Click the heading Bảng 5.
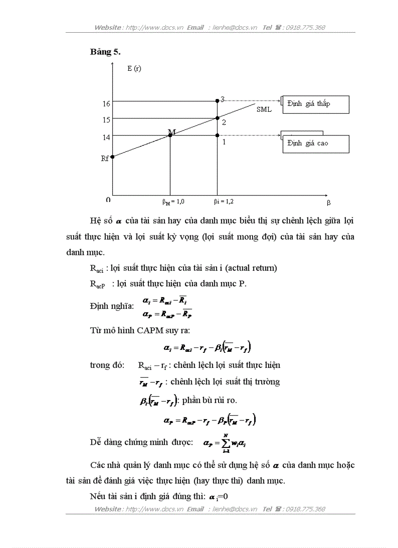point(105,52)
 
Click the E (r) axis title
point(134,68)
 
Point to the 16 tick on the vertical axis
point(106,103)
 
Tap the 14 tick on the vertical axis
point(106,137)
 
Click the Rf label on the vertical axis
point(105,159)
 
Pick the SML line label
point(264,109)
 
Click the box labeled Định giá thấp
point(316,104)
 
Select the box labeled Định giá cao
point(316,143)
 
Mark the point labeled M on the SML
point(170,135)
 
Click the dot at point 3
point(217,101)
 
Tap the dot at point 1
point(217,135)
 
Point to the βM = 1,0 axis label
point(173,201)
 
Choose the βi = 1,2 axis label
point(227,201)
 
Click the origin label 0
point(108,200)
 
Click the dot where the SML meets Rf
point(113,157)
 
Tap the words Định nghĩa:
point(112,306)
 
